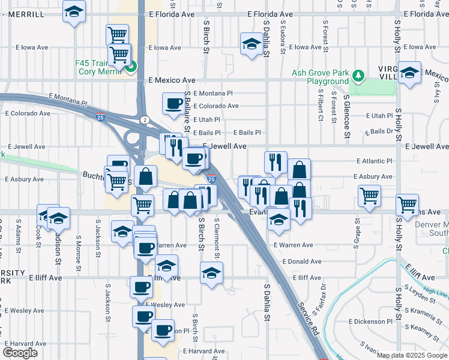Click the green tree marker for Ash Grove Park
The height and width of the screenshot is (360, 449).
point(358,75)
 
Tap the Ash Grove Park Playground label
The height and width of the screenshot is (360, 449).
point(320,77)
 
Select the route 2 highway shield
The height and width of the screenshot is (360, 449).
point(145,120)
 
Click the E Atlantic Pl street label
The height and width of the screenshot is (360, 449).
point(374,161)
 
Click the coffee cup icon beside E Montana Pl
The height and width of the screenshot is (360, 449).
point(173,103)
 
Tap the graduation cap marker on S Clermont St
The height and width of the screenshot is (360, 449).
point(211,274)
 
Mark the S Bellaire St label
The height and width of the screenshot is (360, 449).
point(187,112)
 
